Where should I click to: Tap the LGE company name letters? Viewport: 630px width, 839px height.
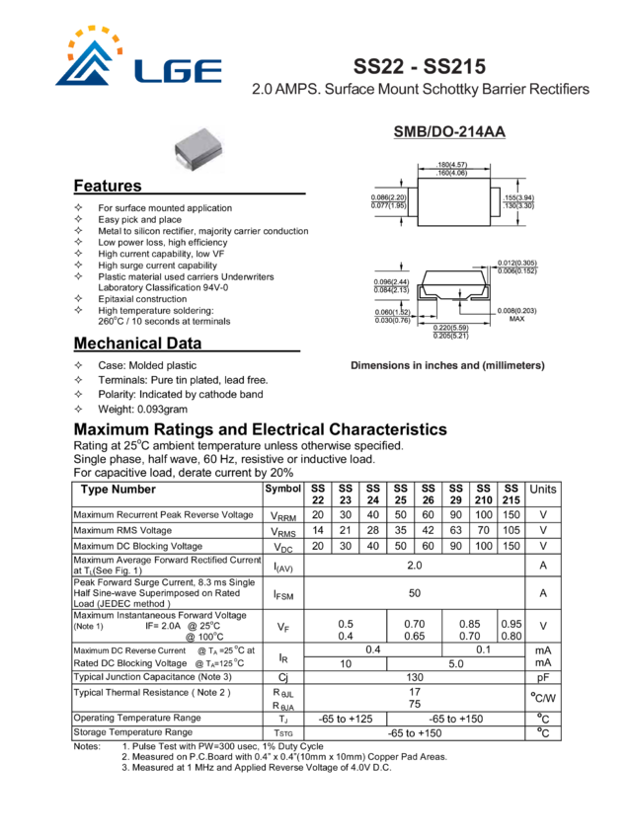pyautogui.click(x=181, y=71)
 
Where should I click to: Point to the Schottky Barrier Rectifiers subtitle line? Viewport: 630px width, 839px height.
pyautogui.click(x=420, y=89)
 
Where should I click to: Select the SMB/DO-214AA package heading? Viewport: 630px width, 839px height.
pyautogui.click(x=449, y=132)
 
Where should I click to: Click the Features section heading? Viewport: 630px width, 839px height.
pyautogui.click(x=108, y=186)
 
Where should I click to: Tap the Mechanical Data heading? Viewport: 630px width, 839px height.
pyautogui.click(x=137, y=343)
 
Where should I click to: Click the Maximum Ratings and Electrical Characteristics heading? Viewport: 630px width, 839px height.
pyautogui.click(x=261, y=429)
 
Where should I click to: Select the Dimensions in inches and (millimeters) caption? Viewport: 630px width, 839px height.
pyautogui.click(x=447, y=365)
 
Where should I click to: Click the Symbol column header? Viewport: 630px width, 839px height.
pyautogui.click(x=283, y=490)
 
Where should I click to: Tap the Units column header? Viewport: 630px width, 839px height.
pyautogui.click(x=543, y=490)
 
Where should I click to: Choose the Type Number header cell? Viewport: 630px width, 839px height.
pyautogui.click(x=116, y=490)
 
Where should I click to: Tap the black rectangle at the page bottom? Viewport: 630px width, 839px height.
pyautogui.click(x=312, y=791)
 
